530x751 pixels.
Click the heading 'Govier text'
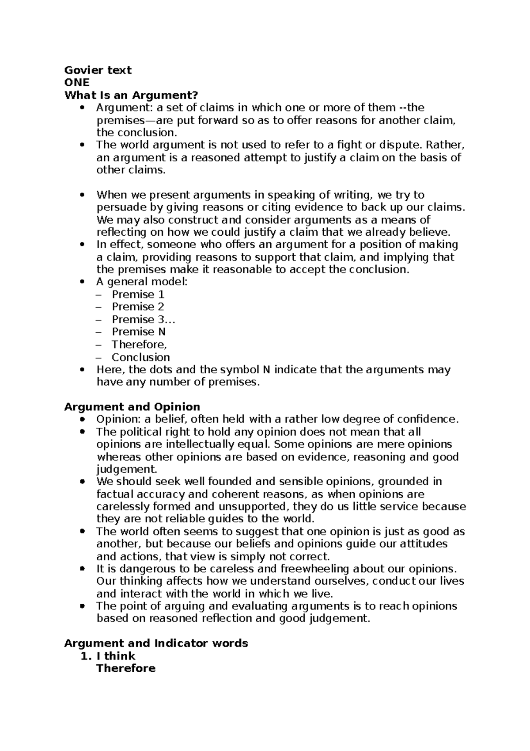tap(98, 70)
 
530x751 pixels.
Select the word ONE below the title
tap(76, 83)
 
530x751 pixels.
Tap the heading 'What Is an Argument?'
tap(131, 95)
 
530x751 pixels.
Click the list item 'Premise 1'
tap(138, 295)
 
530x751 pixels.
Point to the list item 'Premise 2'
tap(138, 307)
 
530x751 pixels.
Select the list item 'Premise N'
tap(138, 332)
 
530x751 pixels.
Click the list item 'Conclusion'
tap(140, 357)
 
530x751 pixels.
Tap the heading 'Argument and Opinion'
tap(132, 407)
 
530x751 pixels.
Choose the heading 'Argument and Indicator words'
tap(156, 643)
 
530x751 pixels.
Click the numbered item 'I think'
tap(116, 656)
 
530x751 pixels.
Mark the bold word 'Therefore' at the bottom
tap(126, 668)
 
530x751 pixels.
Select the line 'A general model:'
tap(142, 282)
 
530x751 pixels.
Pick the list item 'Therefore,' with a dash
tap(139, 345)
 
